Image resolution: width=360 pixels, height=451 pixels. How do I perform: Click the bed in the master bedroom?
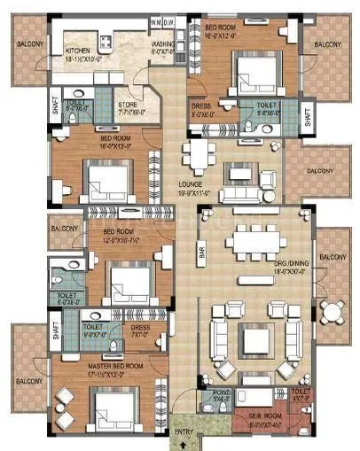pyautogui.click(x=114, y=410)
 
